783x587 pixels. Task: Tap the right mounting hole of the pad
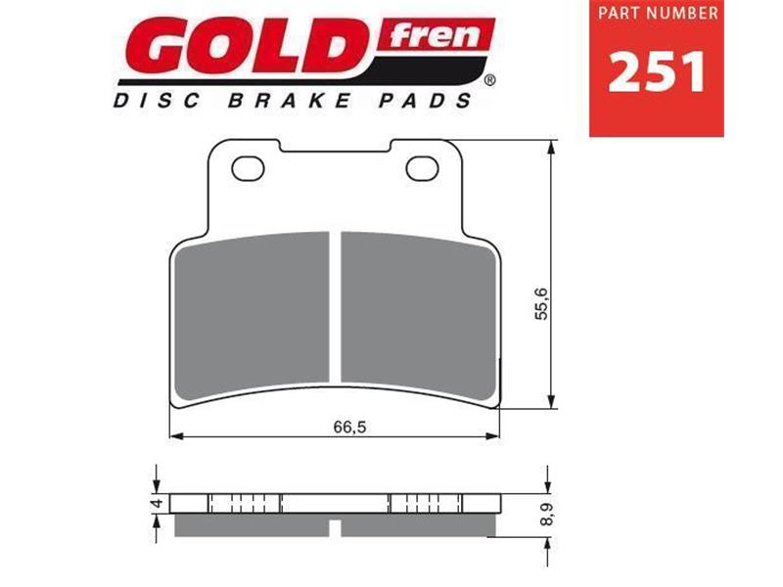pyautogui.click(x=423, y=167)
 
